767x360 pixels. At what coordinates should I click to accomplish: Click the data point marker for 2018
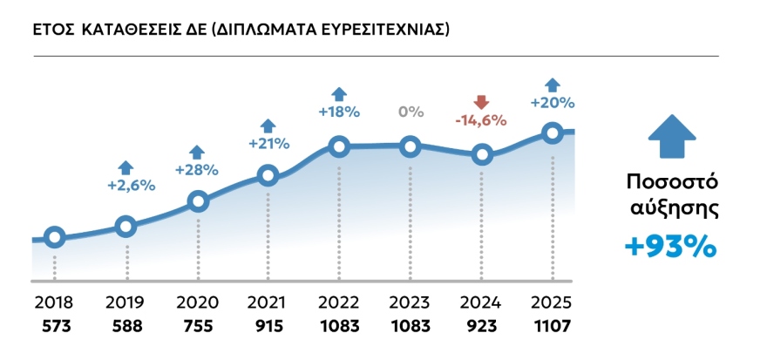[x=54, y=237]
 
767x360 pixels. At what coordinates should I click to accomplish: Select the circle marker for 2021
[x=268, y=175]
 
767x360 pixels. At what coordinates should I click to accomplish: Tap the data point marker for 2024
[x=482, y=155]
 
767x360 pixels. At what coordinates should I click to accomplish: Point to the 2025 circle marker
[x=552, y=132]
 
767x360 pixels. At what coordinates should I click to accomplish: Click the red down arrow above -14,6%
[x=480, y=100]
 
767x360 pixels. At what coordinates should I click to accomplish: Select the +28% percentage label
[x=197, y=169]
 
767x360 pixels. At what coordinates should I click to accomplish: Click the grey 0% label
[x=411, y=112]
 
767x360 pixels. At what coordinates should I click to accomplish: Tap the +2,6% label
[x=126, y=185]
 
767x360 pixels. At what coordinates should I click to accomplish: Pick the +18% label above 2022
[x=339, y=112]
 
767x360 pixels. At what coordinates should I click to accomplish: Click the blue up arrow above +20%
[x=552, y=84]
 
